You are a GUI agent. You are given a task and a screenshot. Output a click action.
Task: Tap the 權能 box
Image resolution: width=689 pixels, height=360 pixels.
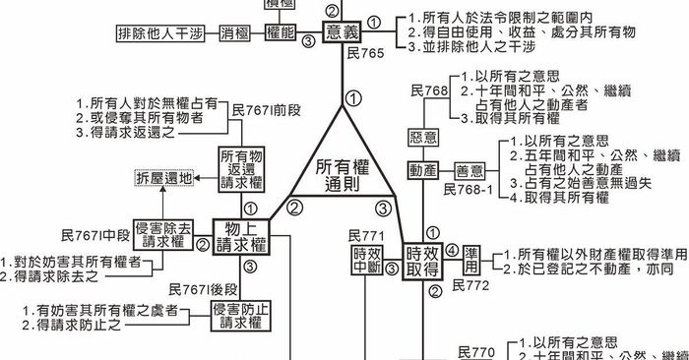click(282, 32)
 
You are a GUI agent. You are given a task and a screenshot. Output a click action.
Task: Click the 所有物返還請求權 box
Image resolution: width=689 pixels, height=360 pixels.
click(240, 169)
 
